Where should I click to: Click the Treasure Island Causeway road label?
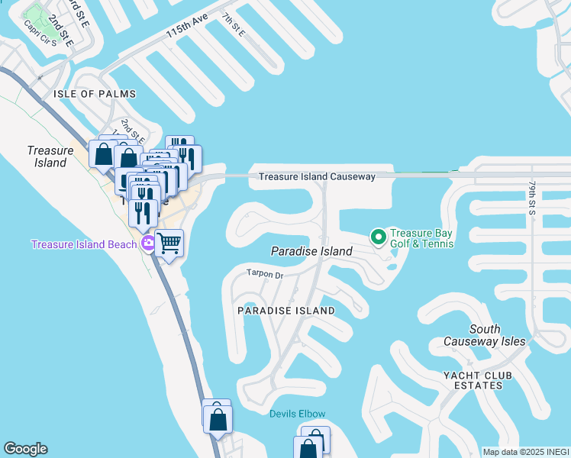(317, 176)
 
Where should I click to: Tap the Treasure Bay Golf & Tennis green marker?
(378, 237)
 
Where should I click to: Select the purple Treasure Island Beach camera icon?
(148, 244)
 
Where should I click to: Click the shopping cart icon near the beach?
(170, 244)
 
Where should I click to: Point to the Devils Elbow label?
(298, 414)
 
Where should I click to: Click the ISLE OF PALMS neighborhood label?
(95, 94)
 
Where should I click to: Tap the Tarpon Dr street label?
(264, 273)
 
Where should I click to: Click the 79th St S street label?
(532, 197)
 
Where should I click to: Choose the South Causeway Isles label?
(486, 335)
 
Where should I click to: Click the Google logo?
(25, 449)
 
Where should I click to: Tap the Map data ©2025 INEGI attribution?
(526, 452)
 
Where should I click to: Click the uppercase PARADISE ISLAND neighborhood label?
(285, 311)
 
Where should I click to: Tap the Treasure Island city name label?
(50, 156)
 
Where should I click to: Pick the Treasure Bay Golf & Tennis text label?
(421, 238)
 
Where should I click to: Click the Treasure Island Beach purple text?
(84, 244)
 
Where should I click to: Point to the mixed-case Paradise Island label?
(312, 251)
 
